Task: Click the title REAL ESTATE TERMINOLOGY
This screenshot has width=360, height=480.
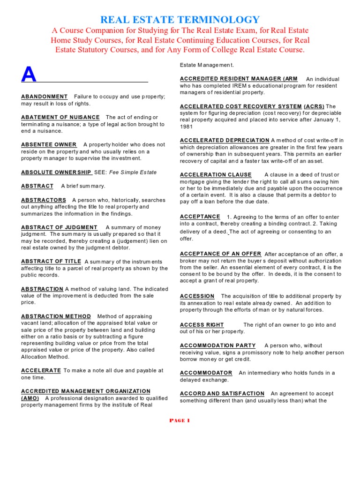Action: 180,19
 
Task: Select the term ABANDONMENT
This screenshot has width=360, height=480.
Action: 44,97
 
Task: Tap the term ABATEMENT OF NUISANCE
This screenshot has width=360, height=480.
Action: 60,117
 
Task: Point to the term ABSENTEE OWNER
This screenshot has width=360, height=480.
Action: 49,144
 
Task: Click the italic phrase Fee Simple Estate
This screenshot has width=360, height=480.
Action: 134,172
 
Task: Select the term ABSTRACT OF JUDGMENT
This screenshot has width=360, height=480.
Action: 59,227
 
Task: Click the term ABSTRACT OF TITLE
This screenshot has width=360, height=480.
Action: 51,262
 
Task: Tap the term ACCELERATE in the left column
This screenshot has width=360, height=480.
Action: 41,370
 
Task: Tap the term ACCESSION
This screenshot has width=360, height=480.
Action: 197,296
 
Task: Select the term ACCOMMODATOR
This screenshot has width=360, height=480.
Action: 206,373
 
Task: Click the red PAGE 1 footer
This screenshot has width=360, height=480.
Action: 180,420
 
